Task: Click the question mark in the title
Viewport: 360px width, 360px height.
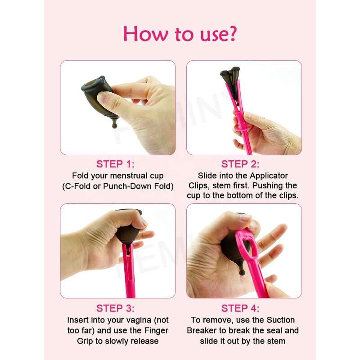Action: pos(232,33)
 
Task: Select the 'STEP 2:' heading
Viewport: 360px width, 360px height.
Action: pos(240,164)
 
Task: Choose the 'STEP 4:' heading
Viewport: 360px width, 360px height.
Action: pos(240,308)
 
